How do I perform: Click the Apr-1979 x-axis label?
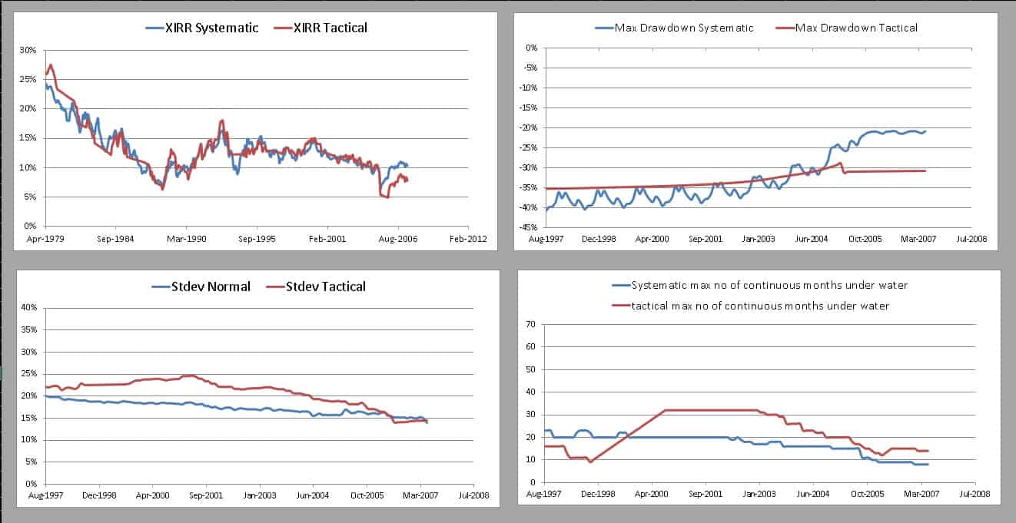[x=45, y=239]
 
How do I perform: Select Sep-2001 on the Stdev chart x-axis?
[x=206, y=497]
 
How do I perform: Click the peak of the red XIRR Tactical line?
[x=51, y=65]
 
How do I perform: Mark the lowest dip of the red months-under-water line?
[x=590, y=462]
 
